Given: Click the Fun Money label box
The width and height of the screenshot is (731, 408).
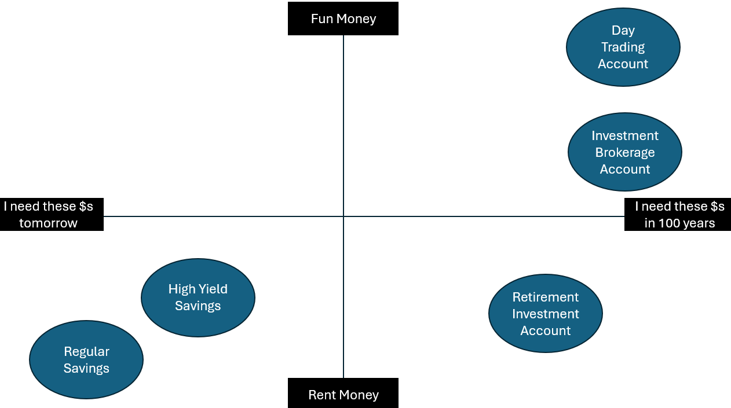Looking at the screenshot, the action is [343, 19].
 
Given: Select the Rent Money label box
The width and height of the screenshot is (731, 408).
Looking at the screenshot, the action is [343, 393].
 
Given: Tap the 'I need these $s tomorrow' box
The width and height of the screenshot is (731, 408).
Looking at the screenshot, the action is [52, 214].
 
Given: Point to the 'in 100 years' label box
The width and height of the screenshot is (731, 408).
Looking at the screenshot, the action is [677, 214].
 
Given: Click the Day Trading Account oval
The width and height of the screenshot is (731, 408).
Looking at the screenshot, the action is [623, 47].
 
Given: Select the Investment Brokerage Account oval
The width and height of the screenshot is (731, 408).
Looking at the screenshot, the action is [624, 152].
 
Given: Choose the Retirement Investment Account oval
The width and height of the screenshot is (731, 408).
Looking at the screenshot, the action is [545, 313].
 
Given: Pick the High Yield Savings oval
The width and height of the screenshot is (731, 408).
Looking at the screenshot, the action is [198, 297].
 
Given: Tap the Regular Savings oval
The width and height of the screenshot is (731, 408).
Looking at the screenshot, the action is [86, 359].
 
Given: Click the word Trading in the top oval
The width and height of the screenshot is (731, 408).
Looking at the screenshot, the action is [623, 47].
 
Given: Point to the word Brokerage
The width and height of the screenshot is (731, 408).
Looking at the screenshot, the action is [624, 152].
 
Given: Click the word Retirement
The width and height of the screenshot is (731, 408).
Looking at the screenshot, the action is [545, 297].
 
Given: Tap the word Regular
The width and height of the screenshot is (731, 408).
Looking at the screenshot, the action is [86, 351].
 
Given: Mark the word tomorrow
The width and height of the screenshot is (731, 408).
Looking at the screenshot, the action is [48, 223].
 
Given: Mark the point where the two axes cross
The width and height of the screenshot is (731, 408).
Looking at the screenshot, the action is [343, 216].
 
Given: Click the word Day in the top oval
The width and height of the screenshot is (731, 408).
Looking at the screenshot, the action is [623, 30].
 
